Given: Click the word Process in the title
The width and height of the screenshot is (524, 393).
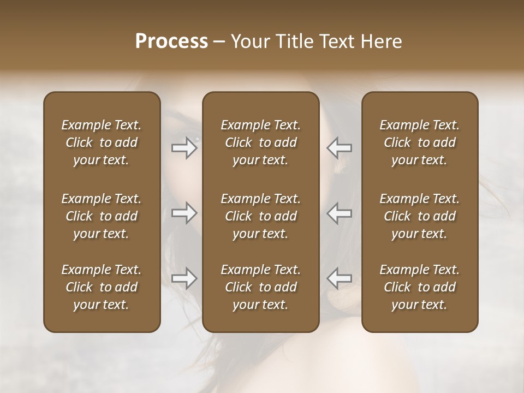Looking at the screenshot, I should point(171,41).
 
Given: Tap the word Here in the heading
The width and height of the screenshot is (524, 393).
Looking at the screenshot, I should point(382,41).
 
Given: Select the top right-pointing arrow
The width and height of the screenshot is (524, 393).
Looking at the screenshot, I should point(184,147).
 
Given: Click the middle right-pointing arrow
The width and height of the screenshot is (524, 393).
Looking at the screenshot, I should point(184,213).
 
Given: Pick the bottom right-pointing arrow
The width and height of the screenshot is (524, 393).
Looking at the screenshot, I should point(184,278).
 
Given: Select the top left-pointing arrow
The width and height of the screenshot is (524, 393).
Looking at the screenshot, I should point(339,147).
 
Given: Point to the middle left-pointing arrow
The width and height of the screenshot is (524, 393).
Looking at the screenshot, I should point(339,213).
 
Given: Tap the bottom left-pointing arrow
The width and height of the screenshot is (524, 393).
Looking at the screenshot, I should point(339,278).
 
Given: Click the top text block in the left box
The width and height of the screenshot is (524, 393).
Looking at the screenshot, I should point(102,142).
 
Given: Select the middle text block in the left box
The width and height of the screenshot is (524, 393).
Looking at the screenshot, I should point(102,216).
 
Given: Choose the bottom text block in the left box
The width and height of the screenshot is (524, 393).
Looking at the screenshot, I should point(102,287).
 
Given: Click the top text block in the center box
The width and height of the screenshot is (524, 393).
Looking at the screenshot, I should point(261,142).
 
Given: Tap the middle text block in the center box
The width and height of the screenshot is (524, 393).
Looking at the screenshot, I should point(261,216).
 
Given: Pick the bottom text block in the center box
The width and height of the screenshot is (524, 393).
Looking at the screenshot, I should point(261,287).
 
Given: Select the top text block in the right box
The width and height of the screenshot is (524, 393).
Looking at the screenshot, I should point(420,142).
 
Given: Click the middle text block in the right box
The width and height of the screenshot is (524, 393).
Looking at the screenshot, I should point(420,216).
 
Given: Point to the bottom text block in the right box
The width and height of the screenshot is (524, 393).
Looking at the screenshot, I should point(420,287).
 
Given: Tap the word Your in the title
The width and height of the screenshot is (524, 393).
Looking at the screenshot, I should point(249,41).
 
